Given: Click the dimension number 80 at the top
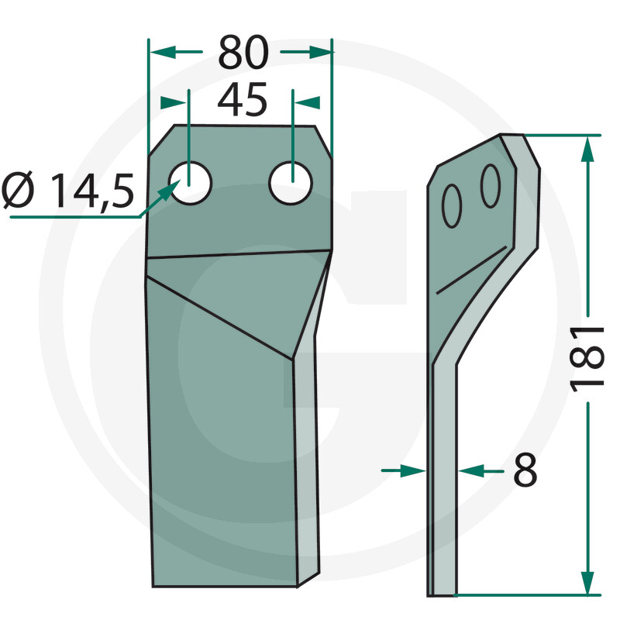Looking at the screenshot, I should point(242,53).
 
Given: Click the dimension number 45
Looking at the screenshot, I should point(242,101).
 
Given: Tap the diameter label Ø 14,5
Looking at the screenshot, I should point(68,191).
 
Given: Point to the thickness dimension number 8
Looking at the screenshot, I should point(525,470).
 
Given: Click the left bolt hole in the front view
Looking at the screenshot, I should point(191,184).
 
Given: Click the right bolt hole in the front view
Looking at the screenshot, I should point(291,184).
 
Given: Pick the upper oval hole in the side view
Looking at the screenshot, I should point(490,186).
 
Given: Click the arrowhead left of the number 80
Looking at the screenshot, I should point(158,52).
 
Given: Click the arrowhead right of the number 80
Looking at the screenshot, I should point(321,52).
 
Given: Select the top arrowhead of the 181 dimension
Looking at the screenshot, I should point(589,147).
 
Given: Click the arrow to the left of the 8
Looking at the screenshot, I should point(415,470).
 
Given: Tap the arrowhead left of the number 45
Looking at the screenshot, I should point(175,102).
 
